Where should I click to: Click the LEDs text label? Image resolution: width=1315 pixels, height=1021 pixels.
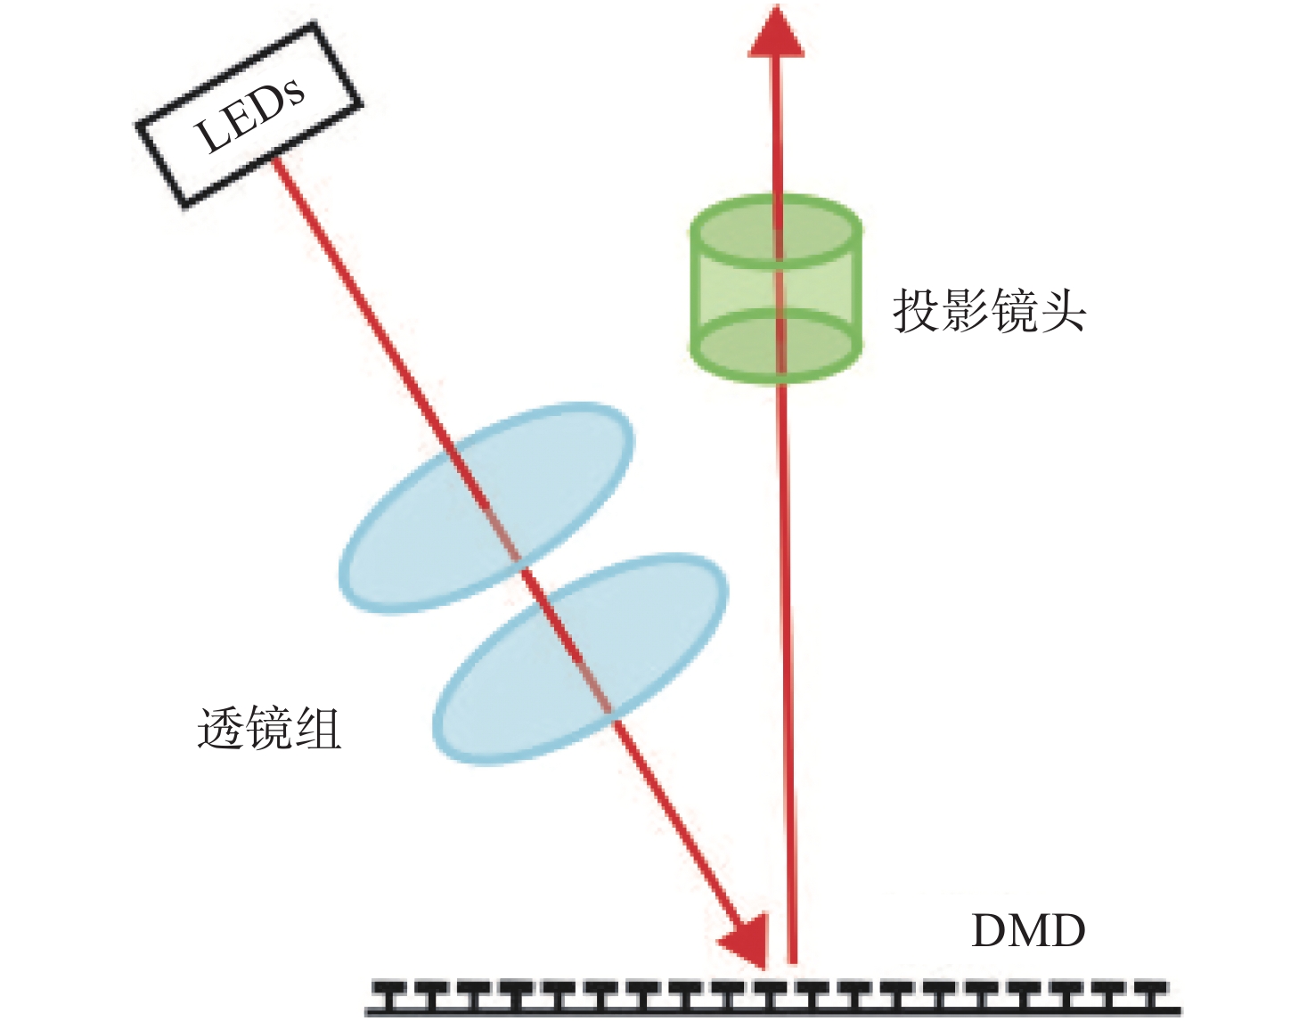tap(249, 114)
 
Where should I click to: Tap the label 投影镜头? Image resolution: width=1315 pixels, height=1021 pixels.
tap(990, 310)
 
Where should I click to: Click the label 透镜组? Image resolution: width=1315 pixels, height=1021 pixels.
tap(269, 730)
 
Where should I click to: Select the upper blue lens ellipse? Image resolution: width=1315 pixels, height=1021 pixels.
tap(486, 508)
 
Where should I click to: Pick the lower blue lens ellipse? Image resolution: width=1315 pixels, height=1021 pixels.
tap(581, 660)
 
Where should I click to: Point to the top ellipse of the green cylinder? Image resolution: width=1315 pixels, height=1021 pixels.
tap(776, 232)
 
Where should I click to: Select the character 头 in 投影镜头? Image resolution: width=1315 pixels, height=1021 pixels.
tap(1063, 310)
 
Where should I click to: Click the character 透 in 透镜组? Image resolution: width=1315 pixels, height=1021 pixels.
tap(220, 730)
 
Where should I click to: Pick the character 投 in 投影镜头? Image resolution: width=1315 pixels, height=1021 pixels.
tap(917, 310)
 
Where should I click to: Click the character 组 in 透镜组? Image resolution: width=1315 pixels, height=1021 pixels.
tap(318, 730)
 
